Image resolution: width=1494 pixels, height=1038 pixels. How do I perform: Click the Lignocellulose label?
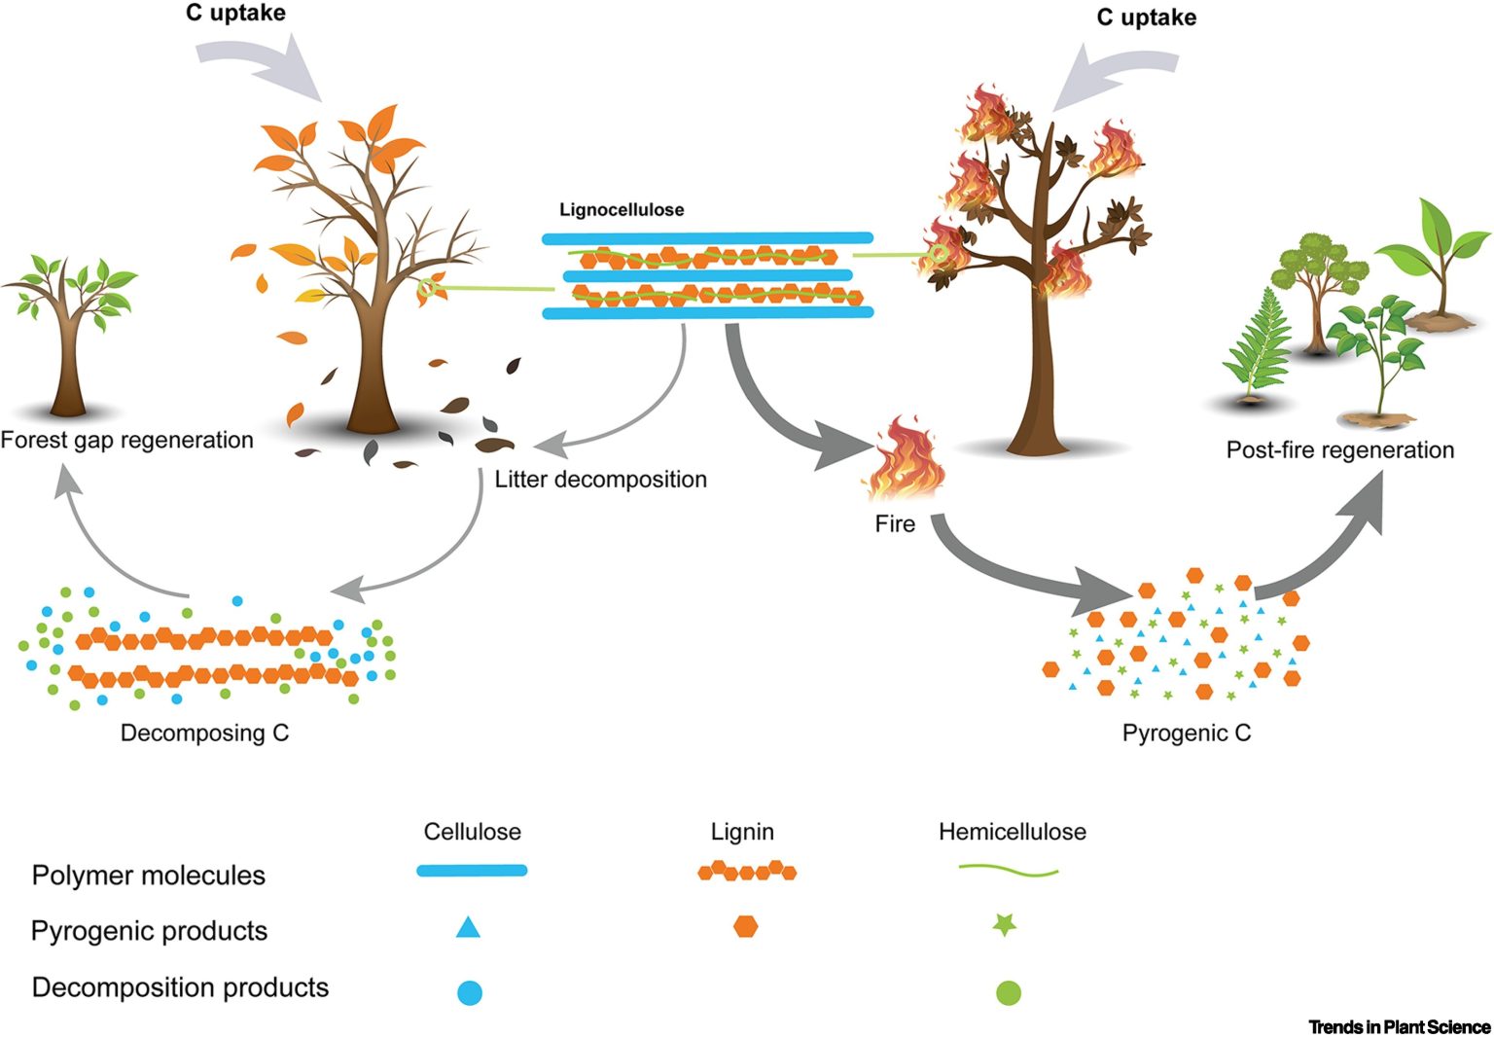622,210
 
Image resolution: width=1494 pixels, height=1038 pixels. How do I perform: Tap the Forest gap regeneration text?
126,441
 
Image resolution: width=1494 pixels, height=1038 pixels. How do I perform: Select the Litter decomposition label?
600,480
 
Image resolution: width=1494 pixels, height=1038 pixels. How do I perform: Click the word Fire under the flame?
895,524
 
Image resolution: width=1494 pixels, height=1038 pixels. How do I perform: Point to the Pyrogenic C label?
1187,734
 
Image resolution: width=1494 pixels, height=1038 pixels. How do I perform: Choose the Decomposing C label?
204,734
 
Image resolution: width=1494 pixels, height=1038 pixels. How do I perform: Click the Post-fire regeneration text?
1339,450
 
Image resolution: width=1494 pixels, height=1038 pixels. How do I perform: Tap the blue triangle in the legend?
468,927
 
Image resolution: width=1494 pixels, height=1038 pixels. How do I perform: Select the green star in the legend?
1004,925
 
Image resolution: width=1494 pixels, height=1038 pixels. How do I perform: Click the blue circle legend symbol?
470,993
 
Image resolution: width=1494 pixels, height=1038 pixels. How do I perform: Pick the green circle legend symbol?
1009,993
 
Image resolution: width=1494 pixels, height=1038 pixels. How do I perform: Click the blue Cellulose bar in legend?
472,871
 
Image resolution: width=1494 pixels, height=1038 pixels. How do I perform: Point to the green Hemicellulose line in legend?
1009,872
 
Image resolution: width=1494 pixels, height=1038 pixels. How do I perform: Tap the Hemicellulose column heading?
1012,833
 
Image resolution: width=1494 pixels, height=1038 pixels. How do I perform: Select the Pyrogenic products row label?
149,931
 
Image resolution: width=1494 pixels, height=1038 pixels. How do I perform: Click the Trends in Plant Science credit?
1399,1027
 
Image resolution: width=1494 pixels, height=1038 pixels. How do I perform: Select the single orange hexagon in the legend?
745,926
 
